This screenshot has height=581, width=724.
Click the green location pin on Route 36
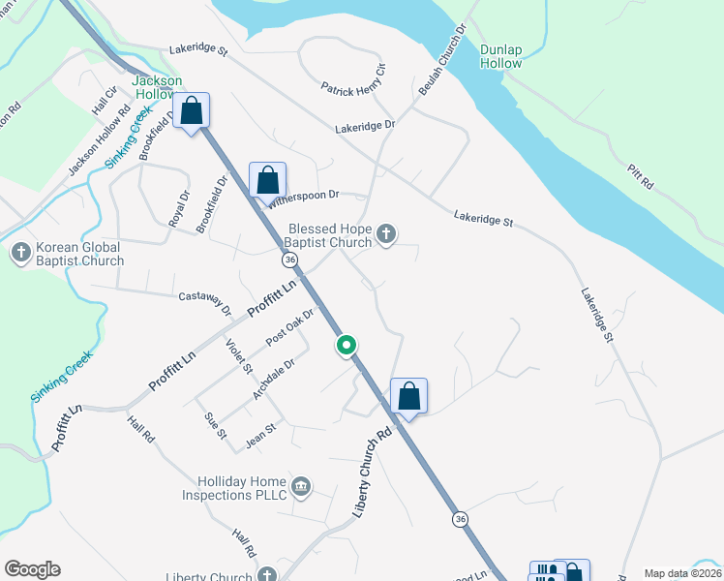pyautogui.click(x=347, y=345)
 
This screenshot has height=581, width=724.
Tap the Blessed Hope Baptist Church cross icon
pyautogui.click(x=386, y=233)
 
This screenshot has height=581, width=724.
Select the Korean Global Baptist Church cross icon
pyautogui.click(x=20, y=253)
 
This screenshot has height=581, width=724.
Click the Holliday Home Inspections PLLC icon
pyautogui.click(x=301, y=485)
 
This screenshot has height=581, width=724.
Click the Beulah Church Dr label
pyautogui.click(x=442, y=60)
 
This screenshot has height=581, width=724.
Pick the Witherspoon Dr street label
pyautogui.click(x=304, y=197)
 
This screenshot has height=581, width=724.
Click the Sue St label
pyautogui.click(x=214, y=423)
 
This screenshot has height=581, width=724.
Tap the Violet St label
pyautogui.click(x=238, y=355)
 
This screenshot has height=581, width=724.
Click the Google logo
pyautogui.click(x=32, y=569)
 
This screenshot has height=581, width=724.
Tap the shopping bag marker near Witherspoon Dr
pyautogui.click(x=268, y=180)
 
